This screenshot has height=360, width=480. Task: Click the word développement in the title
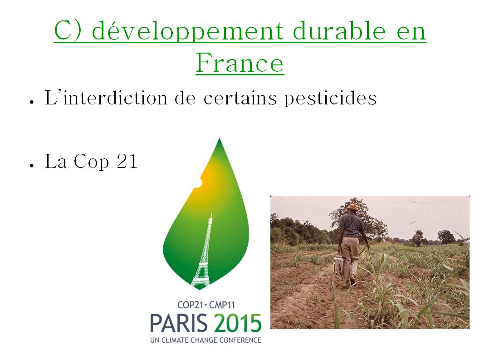[188, 32]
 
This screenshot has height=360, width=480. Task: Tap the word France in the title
[240, 63]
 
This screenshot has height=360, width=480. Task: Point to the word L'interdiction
[106, 98]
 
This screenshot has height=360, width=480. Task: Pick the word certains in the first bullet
[240, 98]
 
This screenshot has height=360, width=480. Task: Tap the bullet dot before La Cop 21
[31, 166]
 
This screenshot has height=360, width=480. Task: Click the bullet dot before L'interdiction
[31, 102]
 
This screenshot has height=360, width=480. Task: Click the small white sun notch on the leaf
[198, 182]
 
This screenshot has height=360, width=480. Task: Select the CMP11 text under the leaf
[222, 305]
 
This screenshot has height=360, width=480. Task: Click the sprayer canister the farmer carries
[338, 265]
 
